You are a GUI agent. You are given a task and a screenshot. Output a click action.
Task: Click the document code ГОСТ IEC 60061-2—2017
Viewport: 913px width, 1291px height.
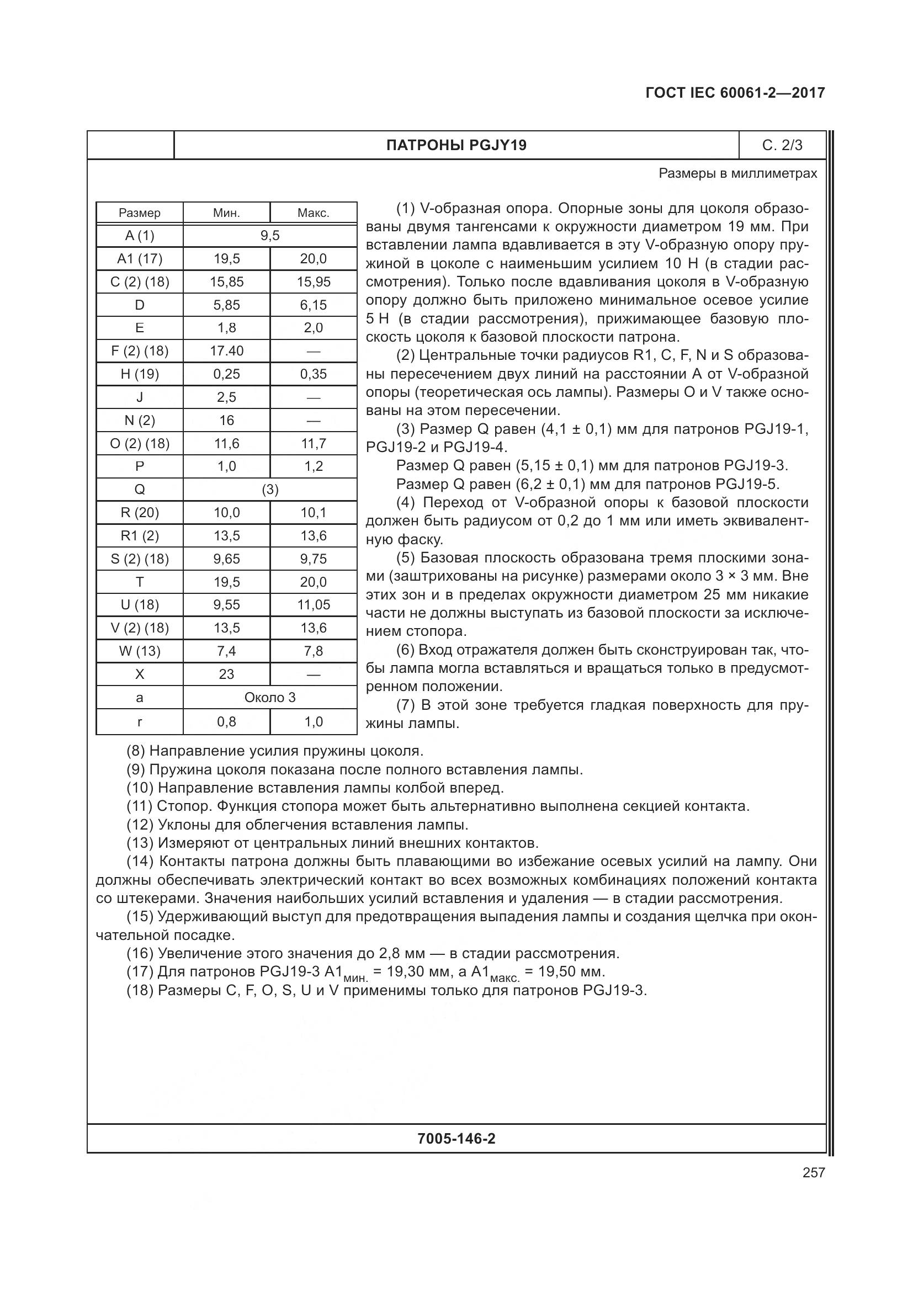(735, 93)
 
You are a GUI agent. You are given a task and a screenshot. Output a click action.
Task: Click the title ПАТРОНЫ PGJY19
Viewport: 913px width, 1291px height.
(456, 146)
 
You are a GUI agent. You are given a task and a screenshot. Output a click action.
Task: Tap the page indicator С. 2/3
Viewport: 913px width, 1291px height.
(782, 146)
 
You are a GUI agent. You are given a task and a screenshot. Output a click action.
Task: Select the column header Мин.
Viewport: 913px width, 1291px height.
(226, 213)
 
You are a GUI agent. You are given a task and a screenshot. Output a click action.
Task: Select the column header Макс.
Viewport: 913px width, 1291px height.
(313, 213)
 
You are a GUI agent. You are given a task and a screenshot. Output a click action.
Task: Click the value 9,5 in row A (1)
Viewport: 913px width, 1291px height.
(270, 236)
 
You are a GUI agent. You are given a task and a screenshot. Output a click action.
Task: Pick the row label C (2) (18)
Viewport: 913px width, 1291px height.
(140, 281)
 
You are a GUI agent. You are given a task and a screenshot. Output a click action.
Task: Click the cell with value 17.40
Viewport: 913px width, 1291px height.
(226, 351)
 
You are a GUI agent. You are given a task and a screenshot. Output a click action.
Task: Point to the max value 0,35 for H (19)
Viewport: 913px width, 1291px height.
(313, 374)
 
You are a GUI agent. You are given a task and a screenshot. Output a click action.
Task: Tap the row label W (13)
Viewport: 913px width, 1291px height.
(140, 651)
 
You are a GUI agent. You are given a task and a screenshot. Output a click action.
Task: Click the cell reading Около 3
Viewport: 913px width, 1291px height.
(270, 697)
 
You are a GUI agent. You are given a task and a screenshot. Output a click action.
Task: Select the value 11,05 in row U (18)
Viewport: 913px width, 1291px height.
(313, 605)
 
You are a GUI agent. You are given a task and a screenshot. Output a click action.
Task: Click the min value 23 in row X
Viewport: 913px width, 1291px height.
(226, 674)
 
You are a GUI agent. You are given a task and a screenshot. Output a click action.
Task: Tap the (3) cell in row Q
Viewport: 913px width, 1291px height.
(270, 490)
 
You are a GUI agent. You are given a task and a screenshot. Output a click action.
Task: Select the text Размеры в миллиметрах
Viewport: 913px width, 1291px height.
(737, 173)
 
